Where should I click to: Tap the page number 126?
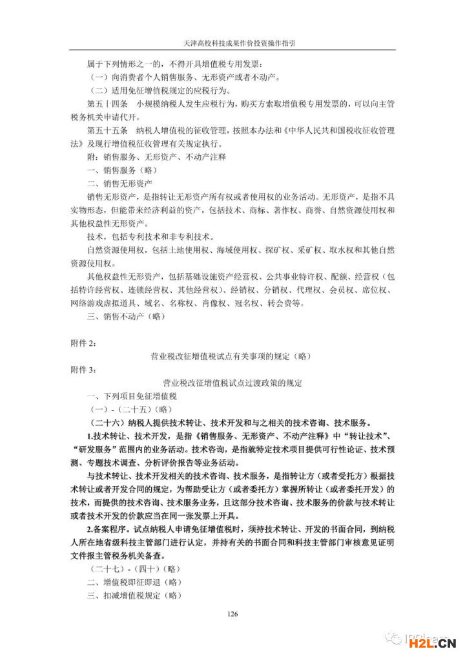(233, 613)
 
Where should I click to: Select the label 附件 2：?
(83, 342)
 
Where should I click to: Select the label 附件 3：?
(83, 369)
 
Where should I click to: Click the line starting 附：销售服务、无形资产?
(155, 157)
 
